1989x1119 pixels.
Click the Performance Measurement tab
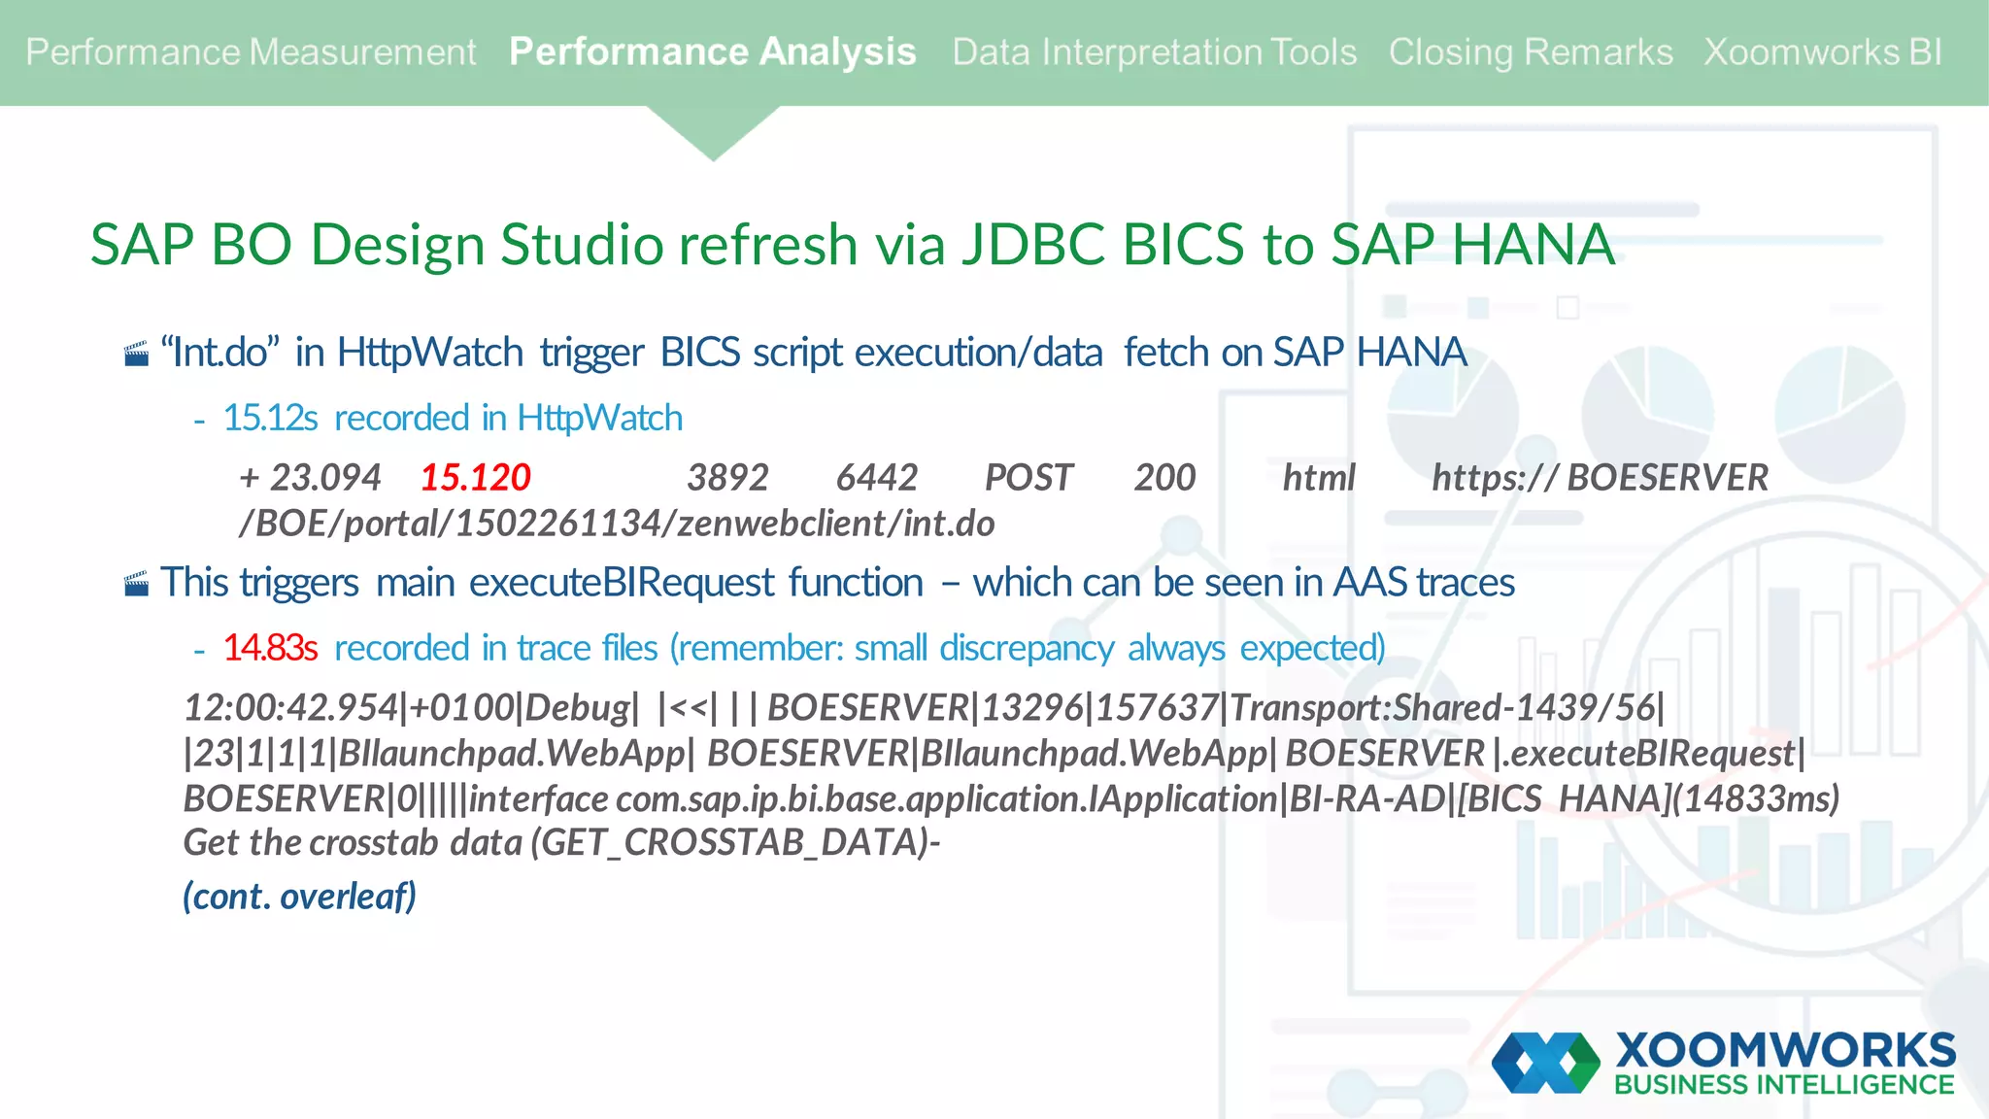point(251,52)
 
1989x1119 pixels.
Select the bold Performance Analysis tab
point(712,52)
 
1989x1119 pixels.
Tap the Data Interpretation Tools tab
point(1154,52)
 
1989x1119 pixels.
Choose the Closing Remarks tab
point(1530,52)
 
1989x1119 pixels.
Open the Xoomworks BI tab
point(1823,52)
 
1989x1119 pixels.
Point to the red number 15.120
point(475,478)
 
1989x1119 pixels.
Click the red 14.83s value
point(270,648)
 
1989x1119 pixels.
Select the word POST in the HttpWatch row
point(1028,478)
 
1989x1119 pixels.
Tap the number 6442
point(876,478)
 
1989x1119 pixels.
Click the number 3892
point(727,478)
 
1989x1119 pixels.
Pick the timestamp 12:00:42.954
point(290,708)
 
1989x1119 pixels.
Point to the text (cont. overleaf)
point(299,896)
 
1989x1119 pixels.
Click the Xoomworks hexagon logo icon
point(1545,1062)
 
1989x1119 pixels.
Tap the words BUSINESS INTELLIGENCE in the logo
point(1783,1085)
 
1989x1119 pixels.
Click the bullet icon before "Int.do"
point(137,355)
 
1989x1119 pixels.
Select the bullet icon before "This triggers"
point(137,585)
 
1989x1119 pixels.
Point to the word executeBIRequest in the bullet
point(622,583)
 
